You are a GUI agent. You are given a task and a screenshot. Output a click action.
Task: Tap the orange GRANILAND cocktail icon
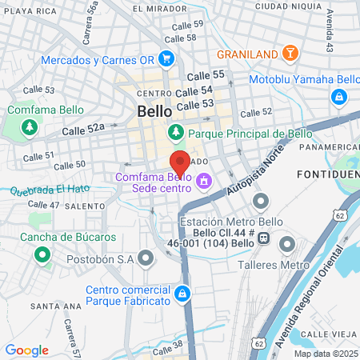[x=291, y=54]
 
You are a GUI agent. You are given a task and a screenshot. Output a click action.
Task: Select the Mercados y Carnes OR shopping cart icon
[x=166, y=59]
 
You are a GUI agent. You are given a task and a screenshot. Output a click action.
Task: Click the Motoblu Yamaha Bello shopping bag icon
[x=339, y=97]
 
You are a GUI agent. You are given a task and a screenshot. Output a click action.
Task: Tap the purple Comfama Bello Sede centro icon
[x=204, y=182]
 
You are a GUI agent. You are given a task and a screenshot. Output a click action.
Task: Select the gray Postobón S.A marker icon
[x=145, y=258]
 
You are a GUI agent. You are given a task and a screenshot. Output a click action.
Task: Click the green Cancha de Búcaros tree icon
[x=41, y=256]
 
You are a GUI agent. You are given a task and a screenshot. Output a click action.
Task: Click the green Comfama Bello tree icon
[x=30, y=127]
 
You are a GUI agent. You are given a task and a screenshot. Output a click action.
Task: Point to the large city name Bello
[x=153, y=111]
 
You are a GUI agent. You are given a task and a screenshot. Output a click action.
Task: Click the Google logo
[x=26, y=350]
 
